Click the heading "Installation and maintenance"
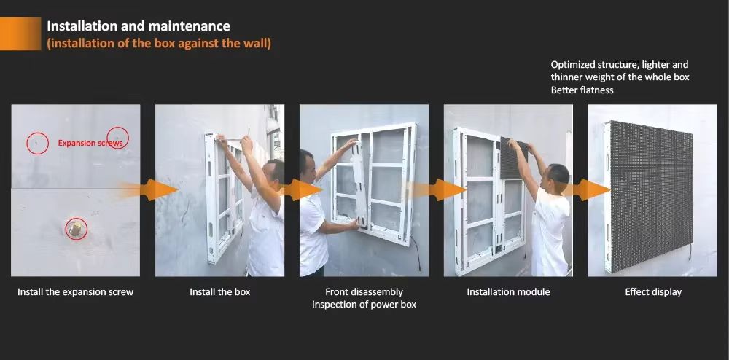138,26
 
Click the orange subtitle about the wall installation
159,44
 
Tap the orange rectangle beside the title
20,34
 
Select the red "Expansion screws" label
90,143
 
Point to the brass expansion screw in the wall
76,229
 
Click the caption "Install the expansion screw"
75,292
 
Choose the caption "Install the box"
220,292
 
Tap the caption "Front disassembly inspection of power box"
364,298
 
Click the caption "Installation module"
508,292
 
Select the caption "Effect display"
653,292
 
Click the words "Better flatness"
582,90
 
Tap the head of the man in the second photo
274,172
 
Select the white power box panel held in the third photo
359,184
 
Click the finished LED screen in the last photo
649,197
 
